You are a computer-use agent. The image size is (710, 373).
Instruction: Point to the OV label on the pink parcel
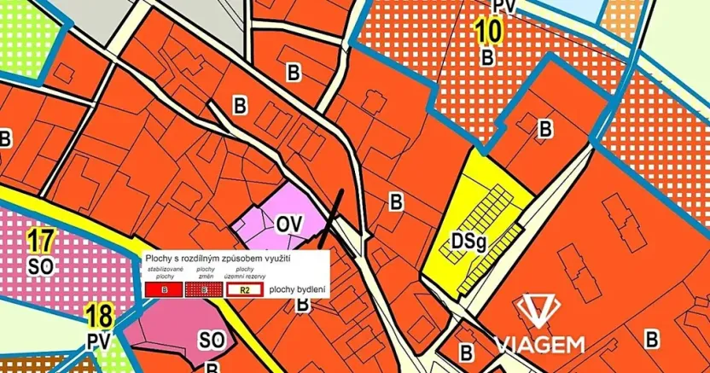(x=289, y=224)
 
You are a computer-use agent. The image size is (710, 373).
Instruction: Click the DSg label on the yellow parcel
(x=468, y=243)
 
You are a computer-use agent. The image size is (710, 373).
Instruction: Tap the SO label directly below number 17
(x=40, y=265)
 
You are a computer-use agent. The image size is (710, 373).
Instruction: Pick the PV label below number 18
(x=99, y=341)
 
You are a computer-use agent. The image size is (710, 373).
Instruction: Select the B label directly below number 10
(x=487, y=57)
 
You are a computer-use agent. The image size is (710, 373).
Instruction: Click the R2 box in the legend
(x=243, y=289)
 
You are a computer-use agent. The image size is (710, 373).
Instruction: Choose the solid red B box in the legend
(x=164, y=290)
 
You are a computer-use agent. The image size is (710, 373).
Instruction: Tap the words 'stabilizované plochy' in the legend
(x=164, y=273)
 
